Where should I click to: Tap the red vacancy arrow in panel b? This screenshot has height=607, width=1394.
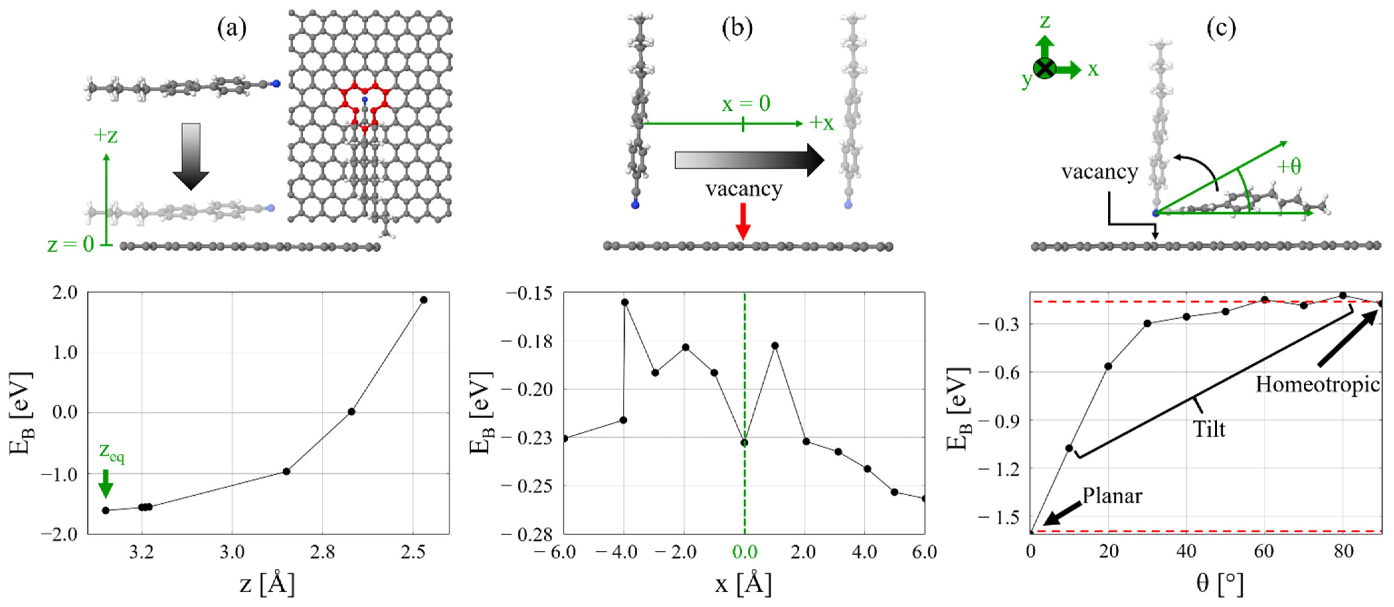pyautogui.click(x=744, y=221)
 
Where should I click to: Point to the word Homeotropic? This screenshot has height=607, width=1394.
pyautogui.click(x=1317, y=385)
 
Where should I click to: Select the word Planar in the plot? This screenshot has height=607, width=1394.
pyautogui.click(x=1112, y=496)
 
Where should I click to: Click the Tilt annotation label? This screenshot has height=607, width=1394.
pyautogui.click(x=1209, y=429)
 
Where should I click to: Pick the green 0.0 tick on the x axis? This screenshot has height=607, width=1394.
pyautogui.click(x=745, y=552)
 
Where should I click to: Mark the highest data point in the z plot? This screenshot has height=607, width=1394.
pyautogui.click(x=424, y=300)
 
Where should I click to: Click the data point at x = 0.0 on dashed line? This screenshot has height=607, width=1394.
pyautogui.click(x=745, y=442)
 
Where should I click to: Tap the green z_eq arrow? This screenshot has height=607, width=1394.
pyautogui.click(x=106, y=483)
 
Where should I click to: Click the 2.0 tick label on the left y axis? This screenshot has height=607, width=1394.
pyautogui.click(x=65, y=293)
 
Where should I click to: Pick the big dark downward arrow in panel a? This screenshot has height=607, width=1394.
pyautogui.click(x=191, y=156)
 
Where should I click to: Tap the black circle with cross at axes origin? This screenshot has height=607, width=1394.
pyautogui.click(x=1044, y=69)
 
